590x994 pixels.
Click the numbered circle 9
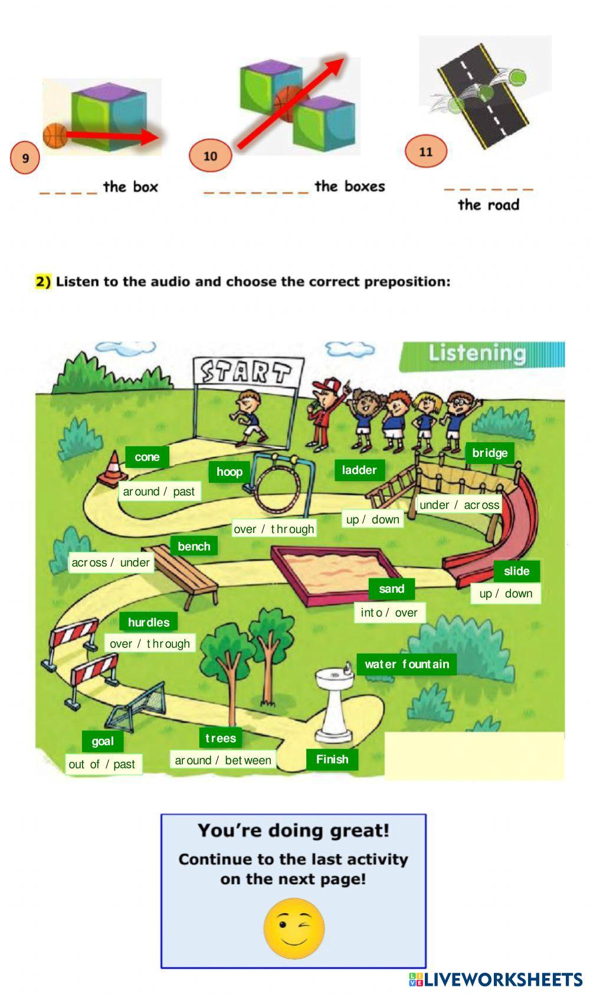pyautogui.click(x=25, y=158)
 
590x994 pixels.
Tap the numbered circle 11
pyautogui.click(x=426, y=152)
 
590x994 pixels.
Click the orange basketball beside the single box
pyautogui.click(x=55, y=136)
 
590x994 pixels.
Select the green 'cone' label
pyautogui.click(x=147, y=457)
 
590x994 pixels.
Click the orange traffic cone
pyautogui.click(x=112, y=470)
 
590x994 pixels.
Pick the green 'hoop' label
pyautogui.click(x=230, y=472)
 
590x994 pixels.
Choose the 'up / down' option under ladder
pyautogui.click(x=373, y=519)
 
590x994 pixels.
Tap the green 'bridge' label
pyautogui.click(x=490, y=453)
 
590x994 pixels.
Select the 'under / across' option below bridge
pyautogui.click(x=459, y=505)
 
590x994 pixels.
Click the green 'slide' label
pyautogui.click(x=516, y=571)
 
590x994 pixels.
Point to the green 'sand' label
pyautogui.click(x=392, y=588)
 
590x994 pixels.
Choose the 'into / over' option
pyautogui.click(x=389, y=613)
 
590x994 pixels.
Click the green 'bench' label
pyautogui.click(x=194, y=546)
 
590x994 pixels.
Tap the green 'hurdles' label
pyautogui.click(x=149, y=622)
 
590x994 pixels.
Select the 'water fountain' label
pyautogui.click(x=407, y=664)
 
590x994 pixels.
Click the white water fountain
pyautogui.click(x=333, y=705)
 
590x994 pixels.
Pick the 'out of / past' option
pyautogui.click(x=102, y=764)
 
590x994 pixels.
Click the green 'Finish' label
pyautogui.click(x=332, y=759)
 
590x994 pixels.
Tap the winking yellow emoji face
pyautogui.click(x=294, y=928)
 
